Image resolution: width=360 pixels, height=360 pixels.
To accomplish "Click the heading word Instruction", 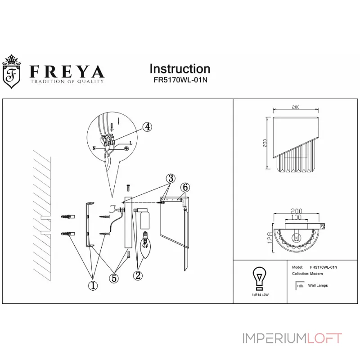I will pos(180,69).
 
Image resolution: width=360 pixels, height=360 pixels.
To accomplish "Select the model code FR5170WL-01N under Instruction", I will pos(180,80).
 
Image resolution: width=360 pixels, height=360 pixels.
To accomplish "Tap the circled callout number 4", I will pos(146,127).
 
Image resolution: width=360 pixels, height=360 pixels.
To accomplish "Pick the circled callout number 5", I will pos(114,279).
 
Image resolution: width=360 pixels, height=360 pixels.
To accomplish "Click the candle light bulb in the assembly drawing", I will pos(146,243).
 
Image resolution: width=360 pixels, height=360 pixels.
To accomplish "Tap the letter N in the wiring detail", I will pos(94,147).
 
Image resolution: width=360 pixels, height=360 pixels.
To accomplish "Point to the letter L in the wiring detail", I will pos(130,143).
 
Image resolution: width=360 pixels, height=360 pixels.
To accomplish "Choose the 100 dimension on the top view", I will pos(296,218).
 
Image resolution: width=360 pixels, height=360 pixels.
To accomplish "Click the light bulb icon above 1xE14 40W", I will pos(260,278).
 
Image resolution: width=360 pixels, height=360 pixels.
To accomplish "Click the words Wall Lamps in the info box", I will pos(319,285).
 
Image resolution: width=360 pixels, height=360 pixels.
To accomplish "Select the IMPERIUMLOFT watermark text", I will pos(292,338).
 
